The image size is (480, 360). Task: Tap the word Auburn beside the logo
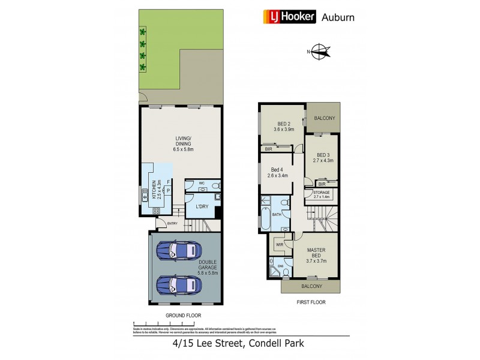pos(338,17)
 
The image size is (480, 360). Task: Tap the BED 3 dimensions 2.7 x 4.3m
pos(322,160)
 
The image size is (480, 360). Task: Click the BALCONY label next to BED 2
pos(324,119)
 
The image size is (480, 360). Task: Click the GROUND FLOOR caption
pos(183,315)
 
